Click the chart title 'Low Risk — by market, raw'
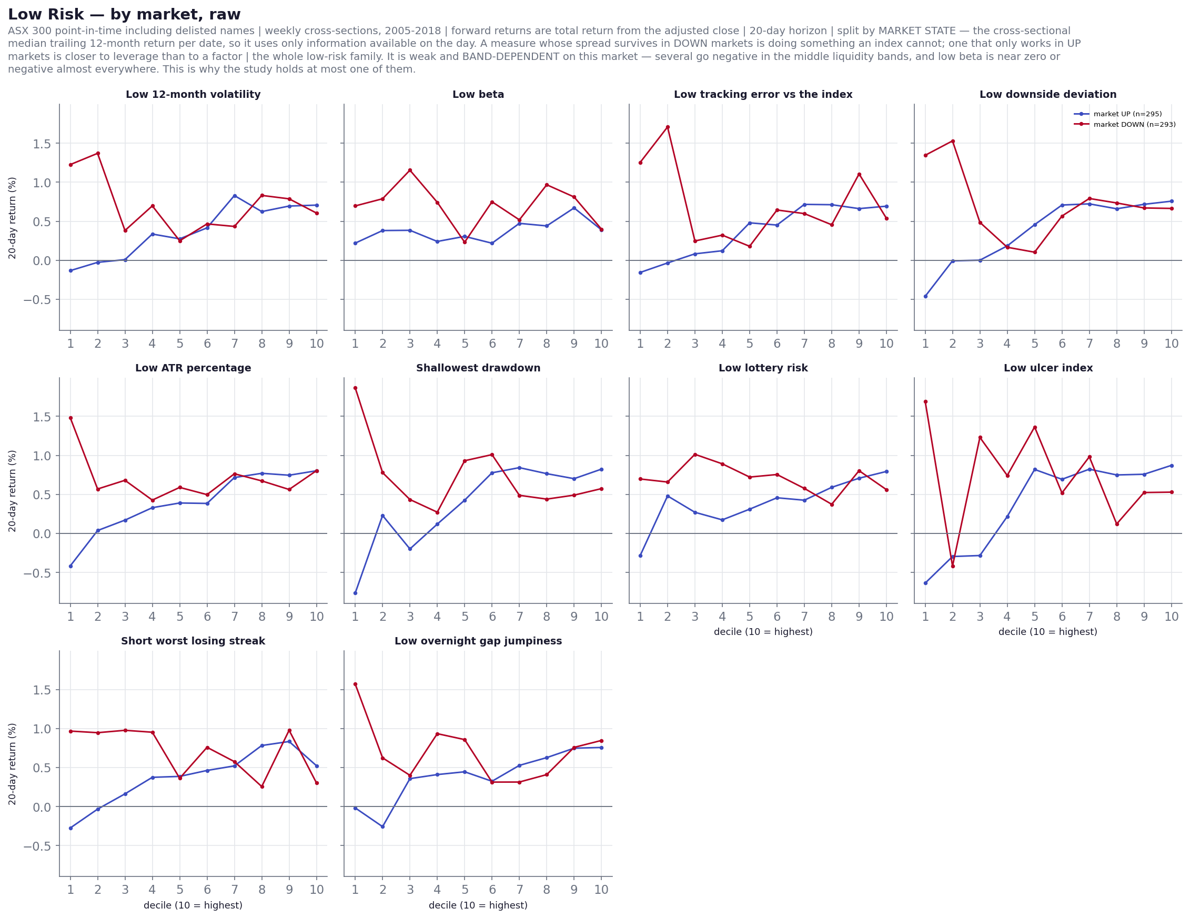click(124, 15)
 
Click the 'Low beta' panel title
click(478, 94)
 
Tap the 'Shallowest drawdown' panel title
click(478, 368)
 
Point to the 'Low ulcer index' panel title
click(1048, 368)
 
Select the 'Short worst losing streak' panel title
click(193, 641)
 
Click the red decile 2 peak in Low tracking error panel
click(668, 127)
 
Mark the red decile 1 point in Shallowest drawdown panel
click(355, 388)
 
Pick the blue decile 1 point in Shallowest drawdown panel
click(355, 593)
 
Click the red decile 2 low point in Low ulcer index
click(952, 566)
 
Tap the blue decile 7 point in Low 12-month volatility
click(235, 196)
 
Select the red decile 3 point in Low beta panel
click(410, 170)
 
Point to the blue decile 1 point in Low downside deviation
click(925, 296)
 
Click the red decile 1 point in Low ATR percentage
click(70, 418)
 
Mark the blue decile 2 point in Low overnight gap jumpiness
click(382, 826)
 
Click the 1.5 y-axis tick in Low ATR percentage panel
click(42, 417)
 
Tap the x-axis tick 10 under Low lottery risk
click(886, 617)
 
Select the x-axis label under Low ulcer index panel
click(1047, 631)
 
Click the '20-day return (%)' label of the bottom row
click(12, 764)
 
